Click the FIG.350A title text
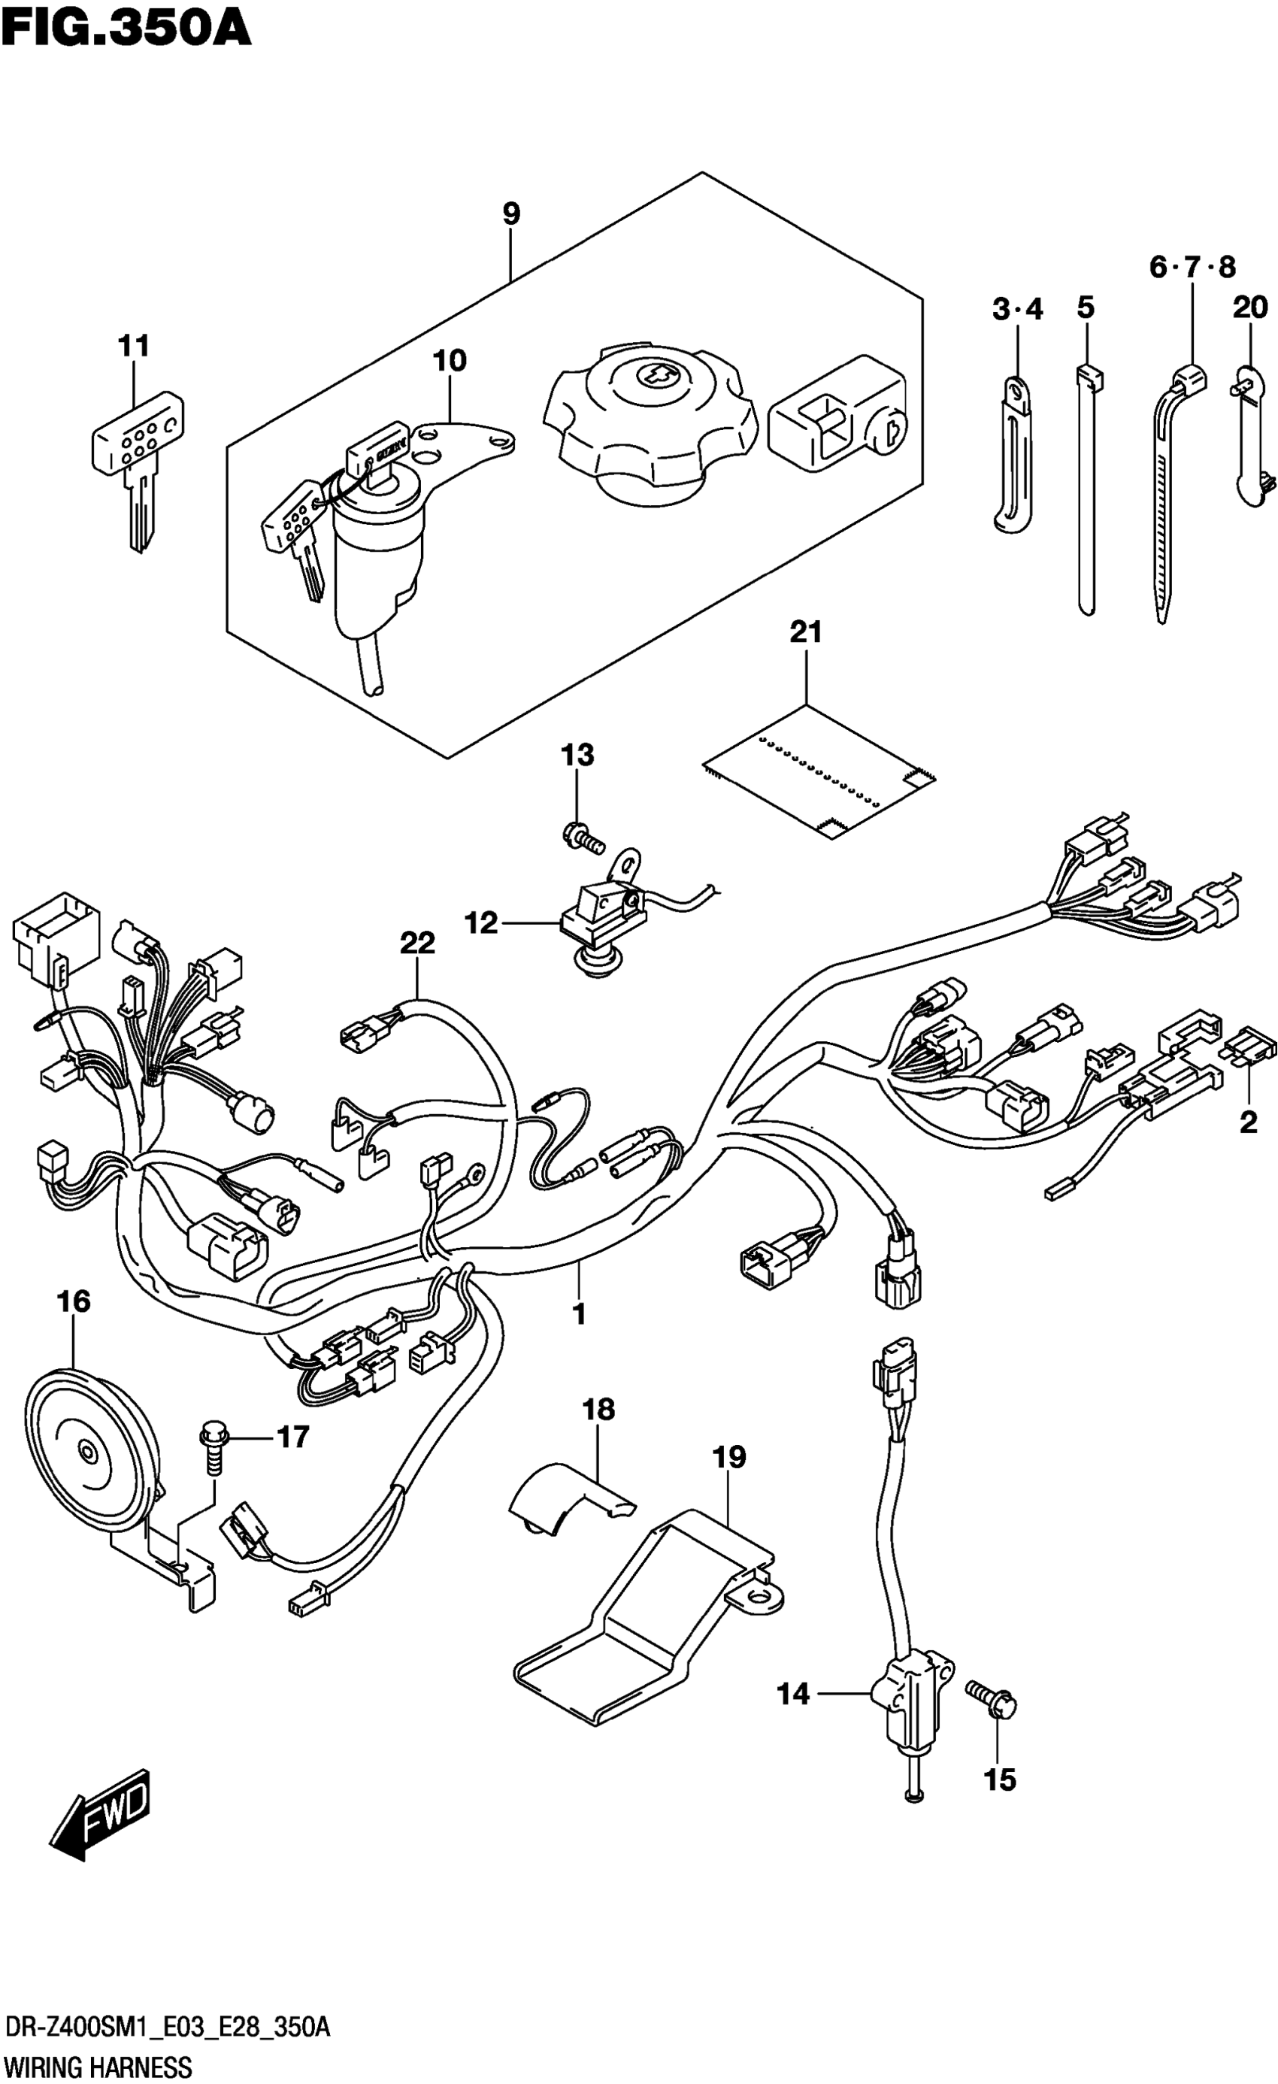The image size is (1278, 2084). click(127, 27)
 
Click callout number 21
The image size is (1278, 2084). click(805, 632)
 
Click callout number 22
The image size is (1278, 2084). click(417, 943)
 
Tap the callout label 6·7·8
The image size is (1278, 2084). click(1192, 268)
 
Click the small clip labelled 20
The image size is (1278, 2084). click(1250, 440)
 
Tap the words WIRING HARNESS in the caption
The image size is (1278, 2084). click(96, 2067)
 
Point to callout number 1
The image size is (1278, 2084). click(580, 1313)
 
